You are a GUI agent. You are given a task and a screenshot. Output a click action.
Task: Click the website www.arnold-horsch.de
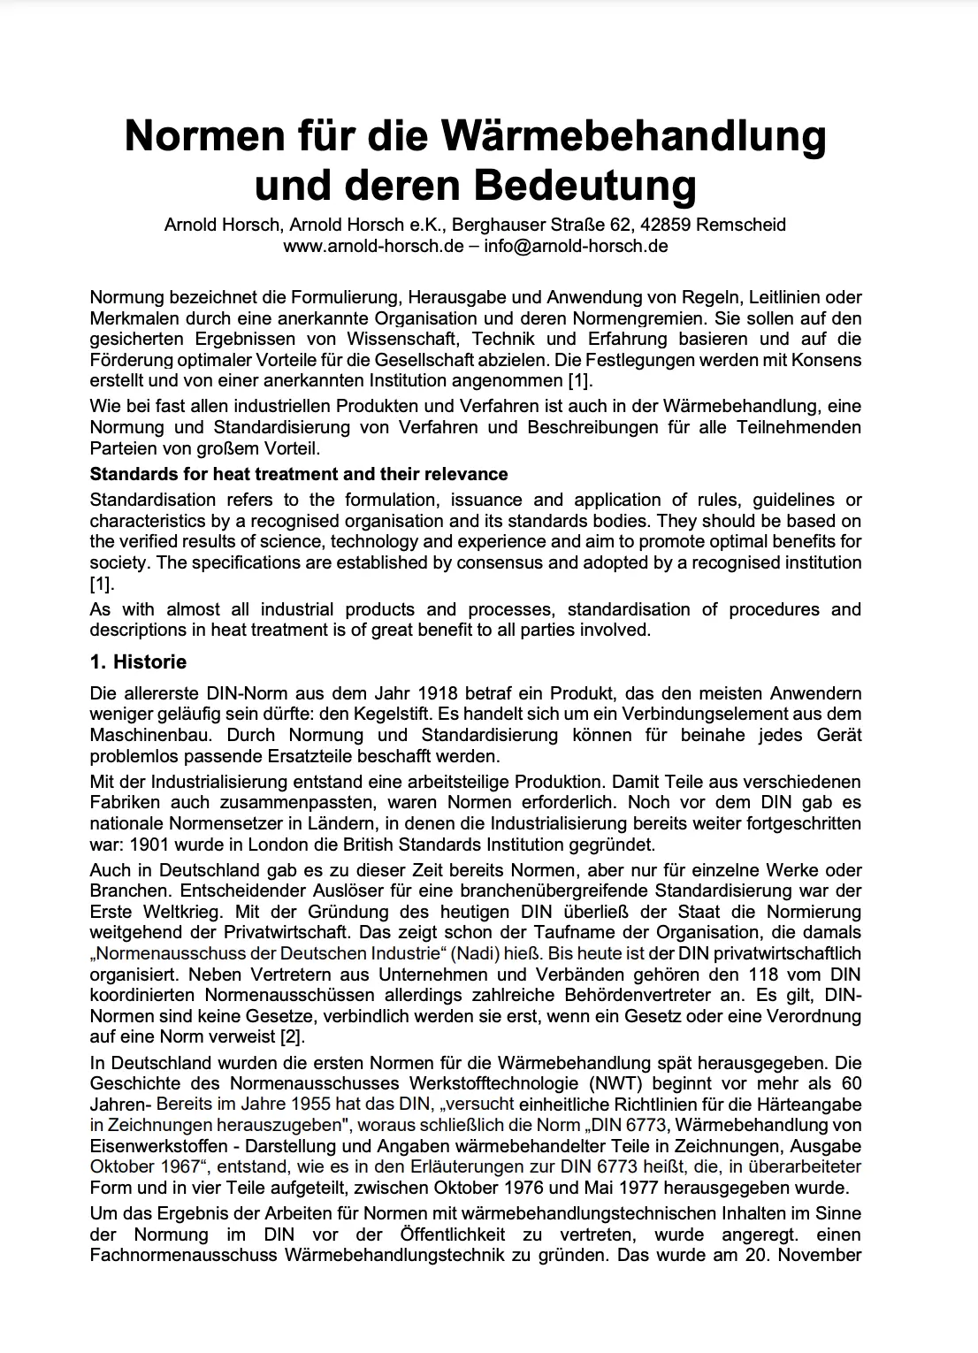pos(372,246)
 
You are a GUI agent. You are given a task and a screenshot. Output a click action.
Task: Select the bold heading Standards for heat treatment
pos(299,474)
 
